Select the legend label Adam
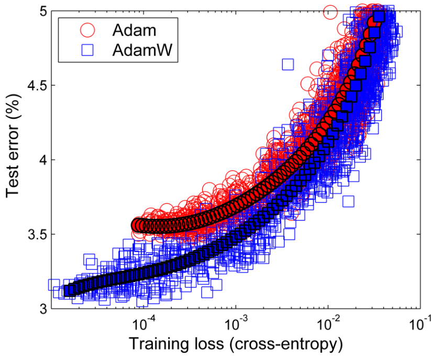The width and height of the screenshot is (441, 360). click(134, 30)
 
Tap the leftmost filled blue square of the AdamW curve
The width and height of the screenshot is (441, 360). click(69, 290)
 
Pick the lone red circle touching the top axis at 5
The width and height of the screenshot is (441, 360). click(330, 12)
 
